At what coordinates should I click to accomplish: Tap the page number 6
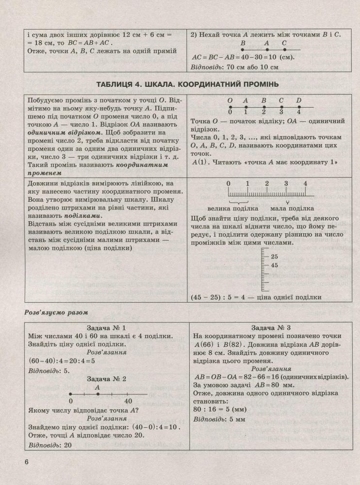(27, 461)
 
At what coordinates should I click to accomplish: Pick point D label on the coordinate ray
(299, 101)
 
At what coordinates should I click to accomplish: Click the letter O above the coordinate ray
(230, 101)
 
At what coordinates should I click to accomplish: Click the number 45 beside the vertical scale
(275, 265)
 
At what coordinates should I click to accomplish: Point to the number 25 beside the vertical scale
(275, 256)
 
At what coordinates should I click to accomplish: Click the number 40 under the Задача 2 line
(128, 402)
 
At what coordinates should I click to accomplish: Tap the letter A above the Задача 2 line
(98, 388)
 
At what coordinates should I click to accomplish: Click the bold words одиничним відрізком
(57, 132)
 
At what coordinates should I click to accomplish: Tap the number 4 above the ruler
(305, 183)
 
